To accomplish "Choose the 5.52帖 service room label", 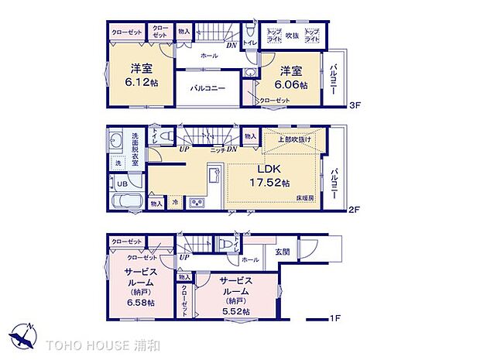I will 234,297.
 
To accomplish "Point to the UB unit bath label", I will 122,183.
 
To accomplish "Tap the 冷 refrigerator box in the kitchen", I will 175,204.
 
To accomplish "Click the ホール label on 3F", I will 209,57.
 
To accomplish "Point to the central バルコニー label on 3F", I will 207,88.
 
